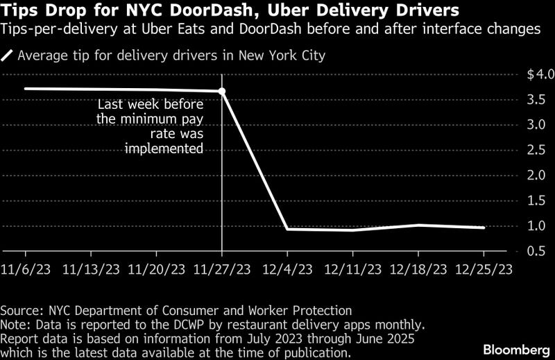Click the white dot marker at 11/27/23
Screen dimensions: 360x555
222,91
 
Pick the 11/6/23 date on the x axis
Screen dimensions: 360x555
25,268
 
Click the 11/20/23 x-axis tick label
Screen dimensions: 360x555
158,268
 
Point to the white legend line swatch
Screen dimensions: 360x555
8,55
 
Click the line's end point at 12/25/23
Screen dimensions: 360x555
483,228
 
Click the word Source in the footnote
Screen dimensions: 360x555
21,310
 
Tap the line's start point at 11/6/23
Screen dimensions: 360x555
25,88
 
